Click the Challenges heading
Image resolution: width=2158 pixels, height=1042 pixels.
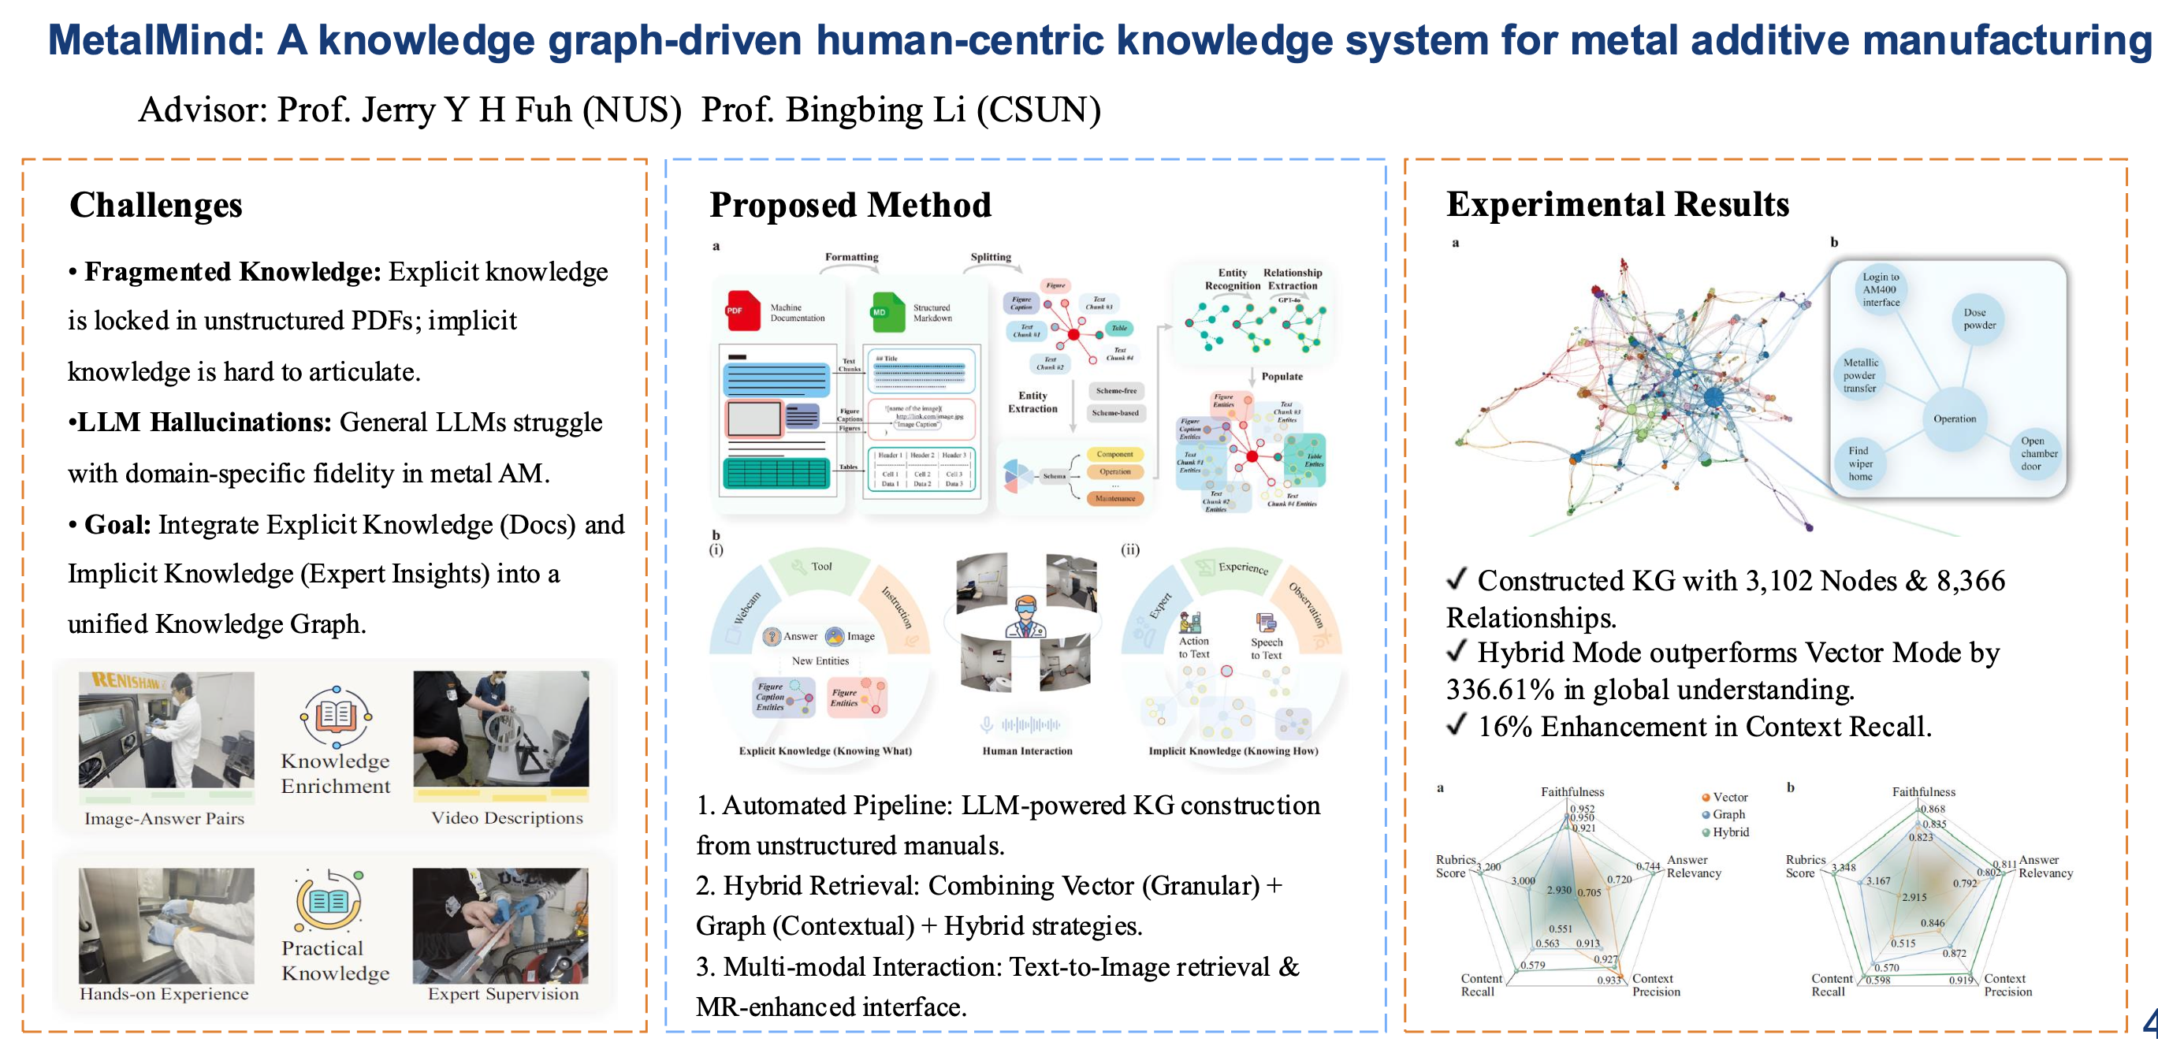click(156, 205)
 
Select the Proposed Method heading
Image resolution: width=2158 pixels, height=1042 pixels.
click(850, 205)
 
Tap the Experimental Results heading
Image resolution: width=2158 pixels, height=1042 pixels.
click(1617, 204)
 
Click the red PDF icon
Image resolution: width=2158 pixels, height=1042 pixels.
click(742, 310)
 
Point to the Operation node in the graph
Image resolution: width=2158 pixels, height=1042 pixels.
click(1955, 419)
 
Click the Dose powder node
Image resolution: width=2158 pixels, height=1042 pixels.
click(1980, 319)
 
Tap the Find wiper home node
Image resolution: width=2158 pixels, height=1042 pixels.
click(1861, 463)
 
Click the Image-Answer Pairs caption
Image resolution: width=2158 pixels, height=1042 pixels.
click(164, 818)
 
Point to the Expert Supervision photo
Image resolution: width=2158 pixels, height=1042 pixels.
click(500, 925)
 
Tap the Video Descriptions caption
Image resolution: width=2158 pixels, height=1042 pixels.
click(507, 817)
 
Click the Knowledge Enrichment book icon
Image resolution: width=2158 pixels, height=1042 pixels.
click(335, 716)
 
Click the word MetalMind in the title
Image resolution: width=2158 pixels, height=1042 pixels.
click(156, 40)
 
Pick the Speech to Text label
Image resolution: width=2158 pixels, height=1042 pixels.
click(1266, 649)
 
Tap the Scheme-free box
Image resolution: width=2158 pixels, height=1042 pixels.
click(1116, 390)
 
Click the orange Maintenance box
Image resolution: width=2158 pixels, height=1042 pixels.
click(1115, 498)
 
